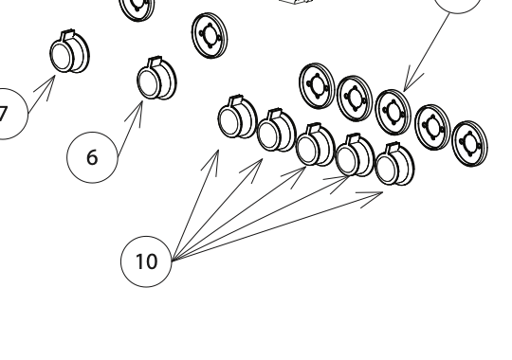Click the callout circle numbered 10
tap(146, 261)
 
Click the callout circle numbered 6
tap(92, 157)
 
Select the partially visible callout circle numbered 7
tap(9, 114)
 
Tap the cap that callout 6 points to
tap(156, 79)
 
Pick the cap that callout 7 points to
tap(69, 51)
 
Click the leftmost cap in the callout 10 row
tap(237, 117)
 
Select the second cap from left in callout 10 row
tap(277, 130)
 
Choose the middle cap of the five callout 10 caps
tap(316, 144)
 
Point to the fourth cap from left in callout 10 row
tap(355, 154)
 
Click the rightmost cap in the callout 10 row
tap(395, 164)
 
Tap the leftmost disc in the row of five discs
tap(317, 86)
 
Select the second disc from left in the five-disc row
tap(355, 99)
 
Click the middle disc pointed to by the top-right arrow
tap(393, 112)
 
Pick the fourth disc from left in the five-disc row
tap(432, 127)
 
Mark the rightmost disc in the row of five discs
tap(469, 143)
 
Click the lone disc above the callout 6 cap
tap(210, 36)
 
